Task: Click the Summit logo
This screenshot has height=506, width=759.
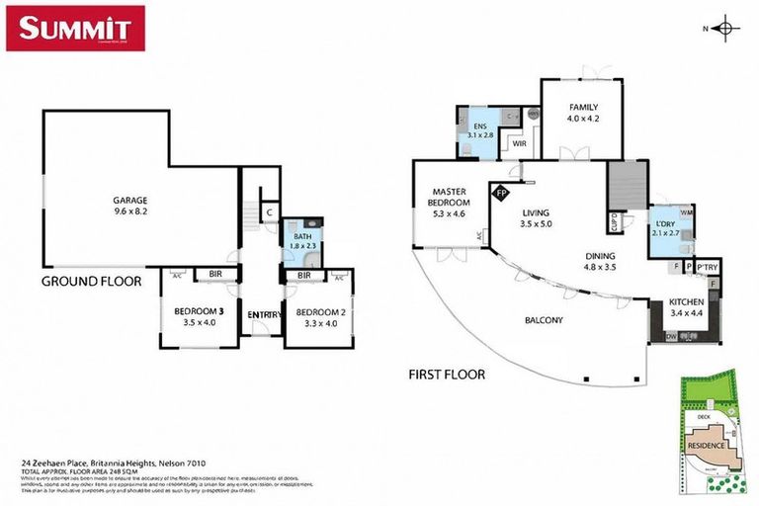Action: [76, 28]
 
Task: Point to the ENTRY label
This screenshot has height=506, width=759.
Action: [261, 314]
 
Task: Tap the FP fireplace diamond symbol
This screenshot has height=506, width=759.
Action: [501, 192]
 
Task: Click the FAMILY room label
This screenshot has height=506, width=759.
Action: [583, 107]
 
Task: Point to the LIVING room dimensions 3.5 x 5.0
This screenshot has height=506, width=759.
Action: [536, 224]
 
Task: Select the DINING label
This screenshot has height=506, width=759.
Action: [600, 253]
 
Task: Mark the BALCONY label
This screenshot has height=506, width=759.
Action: [544, 319]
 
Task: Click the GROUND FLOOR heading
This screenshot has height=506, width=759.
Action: [91, 281]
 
